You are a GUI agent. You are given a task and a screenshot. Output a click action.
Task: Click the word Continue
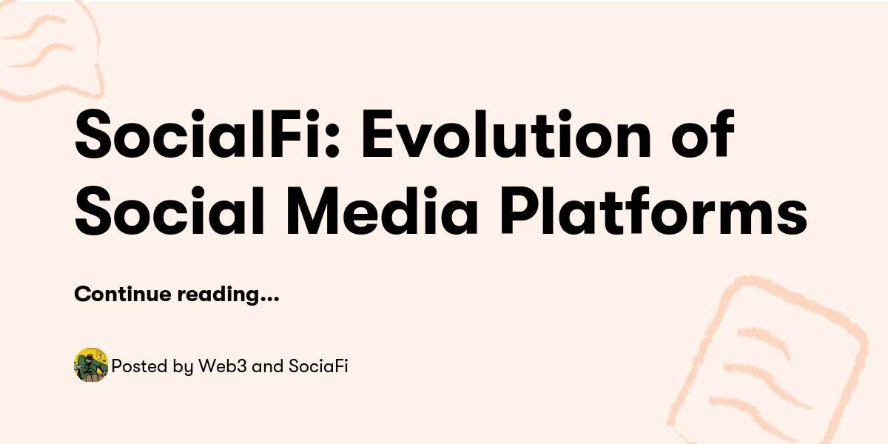[122, 295]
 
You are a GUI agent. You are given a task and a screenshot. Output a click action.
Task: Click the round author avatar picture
[91, 365]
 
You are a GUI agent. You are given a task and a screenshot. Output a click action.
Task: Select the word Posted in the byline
[135, 366]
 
